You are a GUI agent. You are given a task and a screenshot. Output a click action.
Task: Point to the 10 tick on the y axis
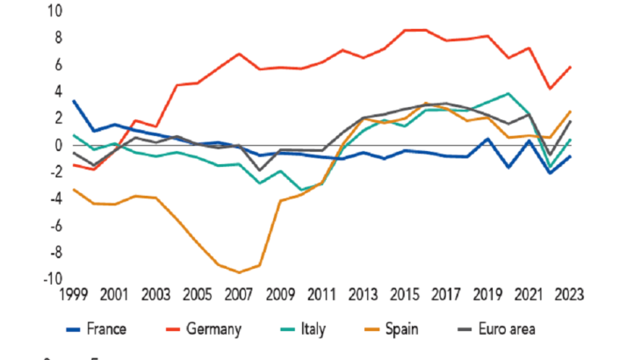coord(54,11)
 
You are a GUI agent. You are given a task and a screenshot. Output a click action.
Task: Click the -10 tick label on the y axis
coord(51,279)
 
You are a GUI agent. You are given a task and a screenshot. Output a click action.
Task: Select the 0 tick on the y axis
coord(58,145)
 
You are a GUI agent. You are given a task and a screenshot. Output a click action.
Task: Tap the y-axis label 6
coord(58,65)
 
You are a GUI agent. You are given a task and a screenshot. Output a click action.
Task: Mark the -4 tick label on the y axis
coord(54,199)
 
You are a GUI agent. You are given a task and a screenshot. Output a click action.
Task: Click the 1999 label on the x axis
coord(73,295)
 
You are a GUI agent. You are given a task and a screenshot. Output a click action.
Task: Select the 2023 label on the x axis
coord(569,295)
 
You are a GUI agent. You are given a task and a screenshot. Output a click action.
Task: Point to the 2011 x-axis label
coord(320,295)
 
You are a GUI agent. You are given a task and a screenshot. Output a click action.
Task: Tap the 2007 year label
coord(238,295)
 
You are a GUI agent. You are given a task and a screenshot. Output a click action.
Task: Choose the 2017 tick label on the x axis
coord(445,295)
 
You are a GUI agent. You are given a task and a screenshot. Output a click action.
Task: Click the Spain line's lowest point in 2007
coord(239,272)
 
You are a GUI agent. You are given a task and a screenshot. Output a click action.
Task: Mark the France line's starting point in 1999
coord(73,101)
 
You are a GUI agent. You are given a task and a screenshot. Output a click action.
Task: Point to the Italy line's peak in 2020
coord(508,93)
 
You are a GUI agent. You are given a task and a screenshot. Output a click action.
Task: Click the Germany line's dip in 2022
coord(549,89)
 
